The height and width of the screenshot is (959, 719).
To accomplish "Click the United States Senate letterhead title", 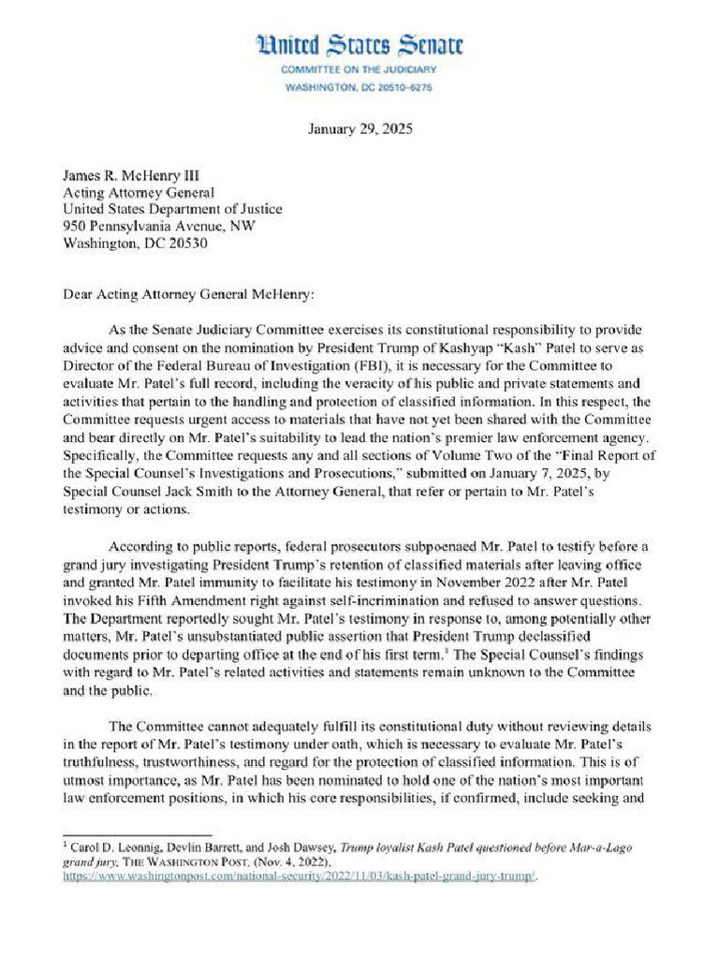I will pyautogui.click(x=359, y=45).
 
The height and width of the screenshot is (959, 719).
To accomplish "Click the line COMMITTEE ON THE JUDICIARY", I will pyautogui.click(x=359, y=70).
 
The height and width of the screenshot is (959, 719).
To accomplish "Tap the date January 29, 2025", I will pyautogui.click(x=359, y=128).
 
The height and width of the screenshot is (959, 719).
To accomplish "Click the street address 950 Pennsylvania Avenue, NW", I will pyautogui.click(x=157, y=227).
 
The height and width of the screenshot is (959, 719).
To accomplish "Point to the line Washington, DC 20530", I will pyautogui.click(x=135, y=243).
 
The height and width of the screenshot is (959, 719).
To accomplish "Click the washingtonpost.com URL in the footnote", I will pyautogui.click(x=300, y=877).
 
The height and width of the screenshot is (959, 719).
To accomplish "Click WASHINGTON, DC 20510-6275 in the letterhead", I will pyautogui.click(x=359, y=88).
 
